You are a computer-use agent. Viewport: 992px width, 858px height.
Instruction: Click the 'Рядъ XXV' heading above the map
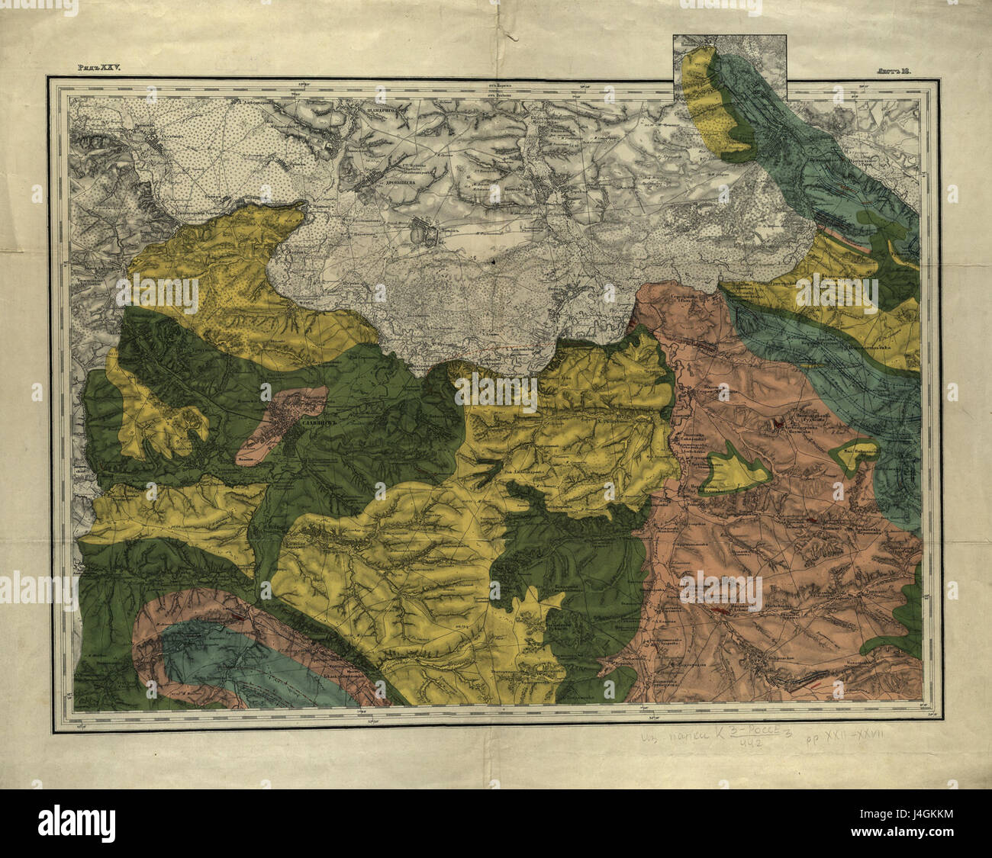[x=100, y=68]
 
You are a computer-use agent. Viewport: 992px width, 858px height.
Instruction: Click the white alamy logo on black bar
[x=76, y=824]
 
